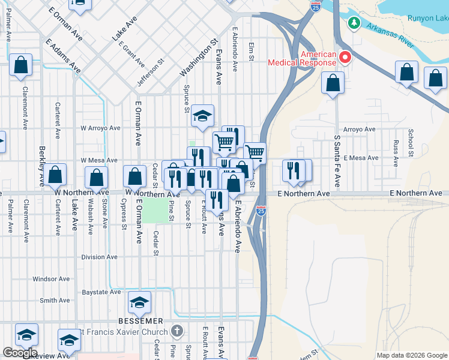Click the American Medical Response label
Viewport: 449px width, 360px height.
(301, 58)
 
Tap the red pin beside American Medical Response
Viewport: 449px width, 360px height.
(345, 58)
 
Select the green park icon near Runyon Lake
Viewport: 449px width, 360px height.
(354, 23)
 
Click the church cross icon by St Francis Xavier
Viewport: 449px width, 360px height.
(176, 331)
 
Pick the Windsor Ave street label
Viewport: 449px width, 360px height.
(52, 279)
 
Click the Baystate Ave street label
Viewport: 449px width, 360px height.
(101, 292)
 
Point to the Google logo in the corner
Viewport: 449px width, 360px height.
(20, 353)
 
